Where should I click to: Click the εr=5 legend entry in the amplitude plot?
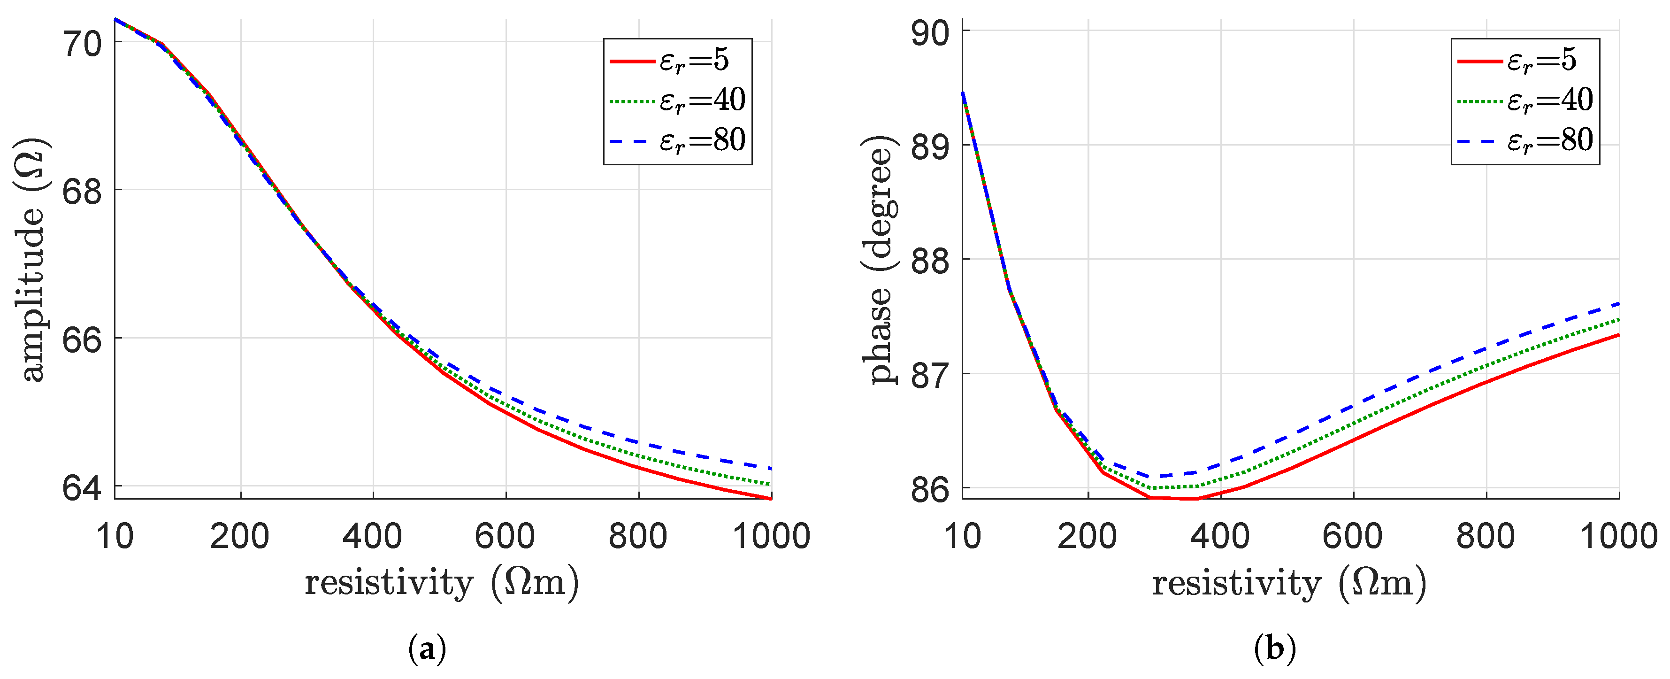677,60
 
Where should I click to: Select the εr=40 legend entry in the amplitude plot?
677,100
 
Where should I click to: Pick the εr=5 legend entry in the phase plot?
1525,60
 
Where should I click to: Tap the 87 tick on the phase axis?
930,375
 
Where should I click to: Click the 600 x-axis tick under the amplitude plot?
505,536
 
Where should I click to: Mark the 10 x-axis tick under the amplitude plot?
115,536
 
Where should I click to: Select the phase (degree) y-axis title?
880,259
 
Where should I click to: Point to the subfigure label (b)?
1275,648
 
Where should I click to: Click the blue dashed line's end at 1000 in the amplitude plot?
771,468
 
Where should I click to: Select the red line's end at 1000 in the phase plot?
1619,335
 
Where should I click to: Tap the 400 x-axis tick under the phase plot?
1221,536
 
